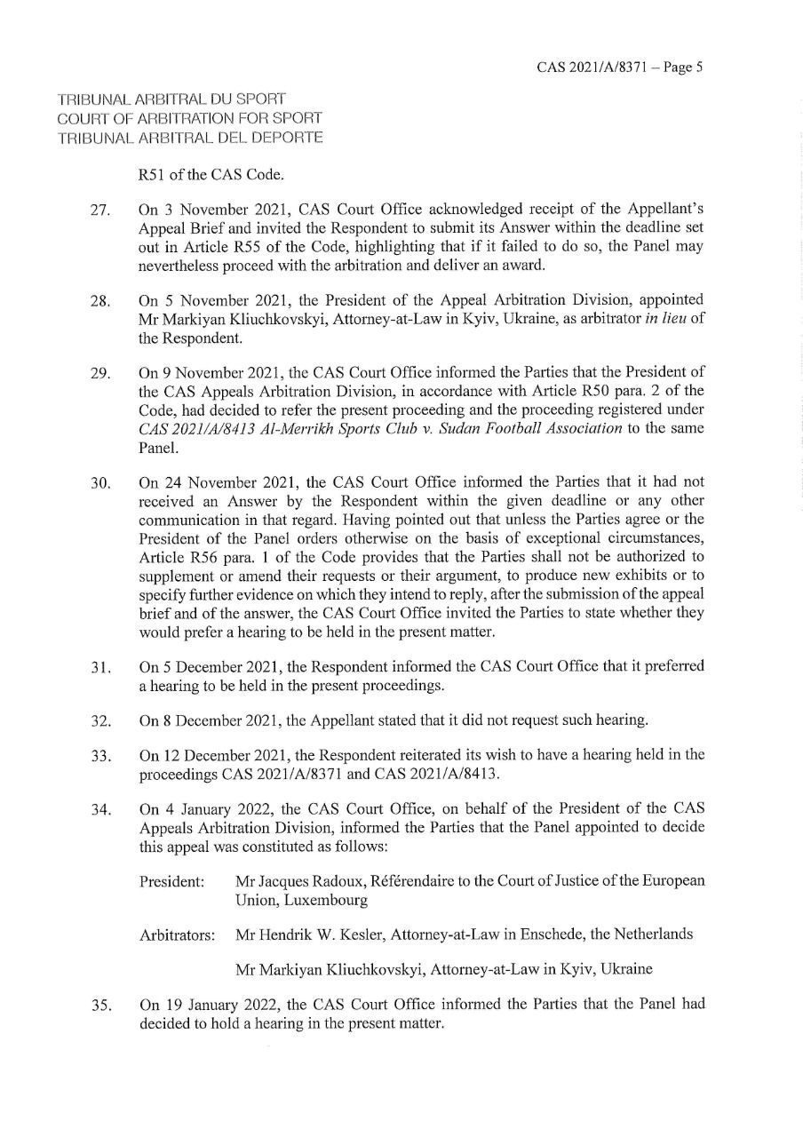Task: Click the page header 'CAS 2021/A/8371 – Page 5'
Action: click(x=620, y=68)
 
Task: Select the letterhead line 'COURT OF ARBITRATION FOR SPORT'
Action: click(x=189, y=117)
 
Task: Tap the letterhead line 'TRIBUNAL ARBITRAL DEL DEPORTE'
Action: click(x=190, y=137)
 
